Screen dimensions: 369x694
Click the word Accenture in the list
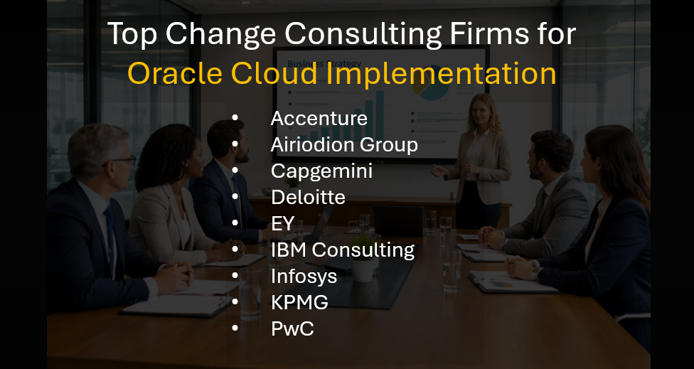click(319, 118)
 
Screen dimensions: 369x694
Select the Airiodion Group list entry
click(343, 145)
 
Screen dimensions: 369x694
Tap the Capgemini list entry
click(321, 171)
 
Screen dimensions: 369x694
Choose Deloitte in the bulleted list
click(308, 197)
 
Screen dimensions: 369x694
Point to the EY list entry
click(282, 223)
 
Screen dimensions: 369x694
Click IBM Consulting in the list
click(342, 250)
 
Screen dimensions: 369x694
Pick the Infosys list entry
click(304, 276)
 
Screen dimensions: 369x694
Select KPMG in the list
click(299, 302)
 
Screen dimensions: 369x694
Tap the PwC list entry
click(292, 328)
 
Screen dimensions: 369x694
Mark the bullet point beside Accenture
click(235, 119)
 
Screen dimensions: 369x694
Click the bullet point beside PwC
click(235, 328)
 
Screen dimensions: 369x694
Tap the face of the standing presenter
click(481, 110)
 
